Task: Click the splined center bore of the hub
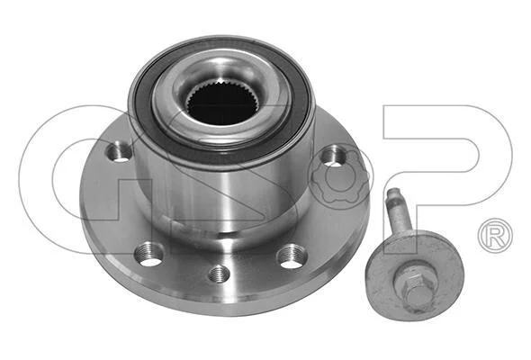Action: (x=220, y=102)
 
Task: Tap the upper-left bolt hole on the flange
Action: (x=119, y=153)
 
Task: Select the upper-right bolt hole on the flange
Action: (x=333, y=156)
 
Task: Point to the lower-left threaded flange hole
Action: (x=148, y=255)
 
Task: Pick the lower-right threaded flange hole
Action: (x=292, y=256)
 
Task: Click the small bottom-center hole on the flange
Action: (x=220, y=274)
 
